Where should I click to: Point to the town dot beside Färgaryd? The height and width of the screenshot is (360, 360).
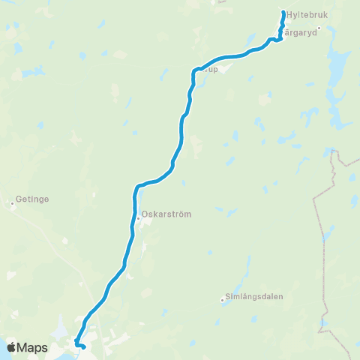click(319, 29)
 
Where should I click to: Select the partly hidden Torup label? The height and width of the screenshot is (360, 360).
click(211, 69)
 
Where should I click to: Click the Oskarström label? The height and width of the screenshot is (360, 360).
click(166, 214)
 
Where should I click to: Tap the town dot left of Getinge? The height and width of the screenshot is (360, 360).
click(12, 201)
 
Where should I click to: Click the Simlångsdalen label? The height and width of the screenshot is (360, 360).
click(256, 296)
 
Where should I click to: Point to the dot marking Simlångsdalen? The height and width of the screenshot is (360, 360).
click(223, 301)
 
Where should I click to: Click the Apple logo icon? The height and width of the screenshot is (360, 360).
click(11, 347)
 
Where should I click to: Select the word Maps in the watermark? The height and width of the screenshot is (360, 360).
click(34, 347)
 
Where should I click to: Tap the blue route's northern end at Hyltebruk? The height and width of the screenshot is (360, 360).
click(283, 13)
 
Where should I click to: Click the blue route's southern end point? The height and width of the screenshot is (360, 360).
click(84, 346)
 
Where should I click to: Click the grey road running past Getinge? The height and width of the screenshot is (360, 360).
click(67, 247)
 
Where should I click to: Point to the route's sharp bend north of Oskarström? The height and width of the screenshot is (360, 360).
click(137, 186)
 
